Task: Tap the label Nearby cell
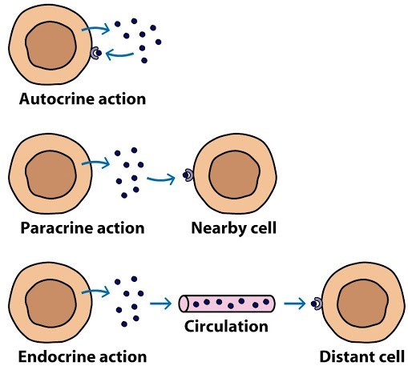click(x=234, y=228)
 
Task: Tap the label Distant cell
click(x=362, y=356)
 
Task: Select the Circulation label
click(x=226, y=326)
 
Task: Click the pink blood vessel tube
click(x=227, y=304)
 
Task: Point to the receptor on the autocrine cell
click(x=95, y=53)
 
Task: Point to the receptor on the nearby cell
click(x=189, y=175)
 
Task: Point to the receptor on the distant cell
click(x=317, y=304)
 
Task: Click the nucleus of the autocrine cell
click(x=50, y=46)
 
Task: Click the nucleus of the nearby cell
click(x=234, y=175)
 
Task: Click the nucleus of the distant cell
click(x=363, y=304)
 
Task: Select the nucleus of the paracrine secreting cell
click(x=50, y=175)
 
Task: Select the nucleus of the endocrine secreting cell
click(x=50, y=304)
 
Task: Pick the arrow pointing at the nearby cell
click(x=161, y=179)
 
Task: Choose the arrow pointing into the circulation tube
click(x=160, y=304)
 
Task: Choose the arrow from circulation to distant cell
click(x=295, y=304)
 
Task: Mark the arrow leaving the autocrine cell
click(x=96, y=28)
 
